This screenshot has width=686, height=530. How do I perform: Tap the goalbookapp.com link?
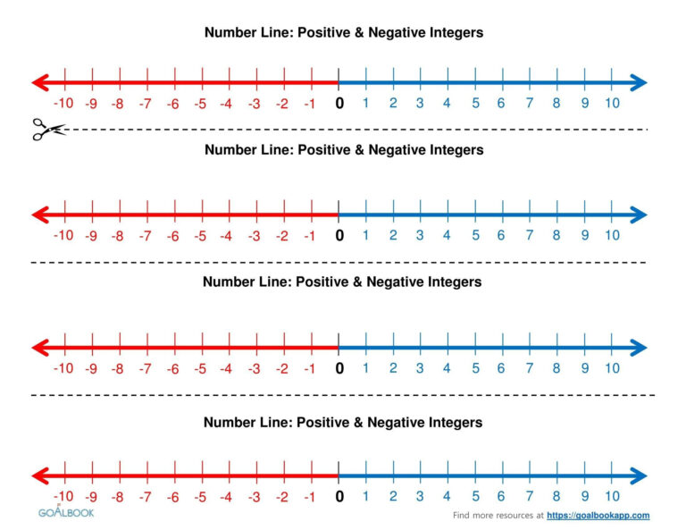click(x=598, y=516)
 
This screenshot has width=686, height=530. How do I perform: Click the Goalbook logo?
click(x=65, y=512)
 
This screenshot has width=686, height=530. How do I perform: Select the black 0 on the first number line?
click(x=339, y=104)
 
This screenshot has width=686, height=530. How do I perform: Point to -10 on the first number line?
click(x=63, y=104)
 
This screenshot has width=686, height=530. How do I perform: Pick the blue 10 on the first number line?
click(x=611, y=103)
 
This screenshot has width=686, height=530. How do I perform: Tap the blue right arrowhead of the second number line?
click(x=638, y=215)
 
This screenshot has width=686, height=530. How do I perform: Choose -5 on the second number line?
click(x=200, y=236)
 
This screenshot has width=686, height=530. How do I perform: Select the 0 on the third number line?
click(x=339, y=368)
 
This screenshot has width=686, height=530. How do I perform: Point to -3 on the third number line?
click(x=255, y=368)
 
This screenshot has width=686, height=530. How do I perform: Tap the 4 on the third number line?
click(x=447, y=367)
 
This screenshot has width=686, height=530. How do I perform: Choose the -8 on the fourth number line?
click(x=118, y=497)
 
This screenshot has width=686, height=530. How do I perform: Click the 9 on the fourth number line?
click(x=585, y=496)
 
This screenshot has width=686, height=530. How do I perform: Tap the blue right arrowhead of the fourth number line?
click(x=638, y=475)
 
